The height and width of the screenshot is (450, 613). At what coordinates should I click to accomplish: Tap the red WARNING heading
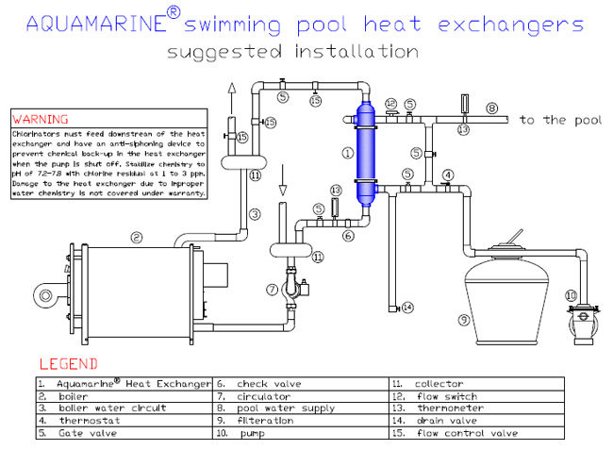coord(39,120)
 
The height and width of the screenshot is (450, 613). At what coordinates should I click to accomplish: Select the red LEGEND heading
coord(68,363)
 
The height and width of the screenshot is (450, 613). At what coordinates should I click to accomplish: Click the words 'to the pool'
coord(559,120)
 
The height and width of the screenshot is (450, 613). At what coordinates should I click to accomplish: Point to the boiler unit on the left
coord(132,288)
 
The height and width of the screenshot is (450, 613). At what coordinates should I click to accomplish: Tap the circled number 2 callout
coord(137,238)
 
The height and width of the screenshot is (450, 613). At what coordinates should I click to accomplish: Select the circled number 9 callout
coord(464,320)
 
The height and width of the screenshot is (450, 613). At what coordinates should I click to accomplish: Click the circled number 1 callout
coord(347,151)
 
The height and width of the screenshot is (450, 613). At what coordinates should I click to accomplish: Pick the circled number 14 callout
coord(407,308)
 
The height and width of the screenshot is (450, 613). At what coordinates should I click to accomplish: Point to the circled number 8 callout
coord(491,108)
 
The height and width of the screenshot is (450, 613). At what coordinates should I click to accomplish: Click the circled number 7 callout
coord(272,290)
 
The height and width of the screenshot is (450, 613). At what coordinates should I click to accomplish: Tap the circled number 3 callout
coord(254,214)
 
